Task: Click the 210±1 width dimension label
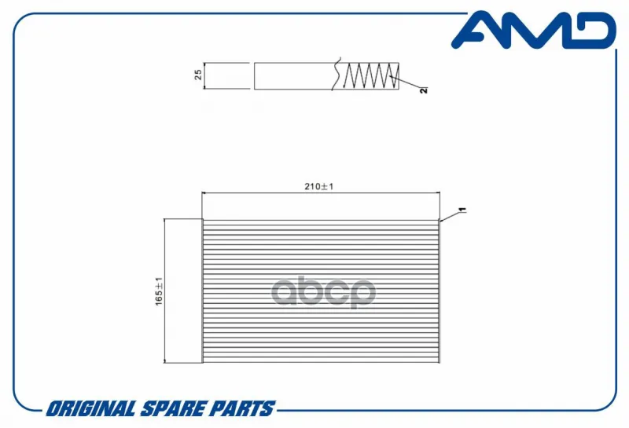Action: [x=319, y=186]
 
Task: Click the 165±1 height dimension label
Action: [x=160, y=291]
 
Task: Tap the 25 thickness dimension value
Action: [x=198, y=75]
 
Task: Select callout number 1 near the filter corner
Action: [x=462, y=210]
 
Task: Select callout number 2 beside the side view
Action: [x=424, y=90]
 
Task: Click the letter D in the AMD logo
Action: [x=590, y=30]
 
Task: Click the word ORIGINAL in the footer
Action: [x=90, y=409]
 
